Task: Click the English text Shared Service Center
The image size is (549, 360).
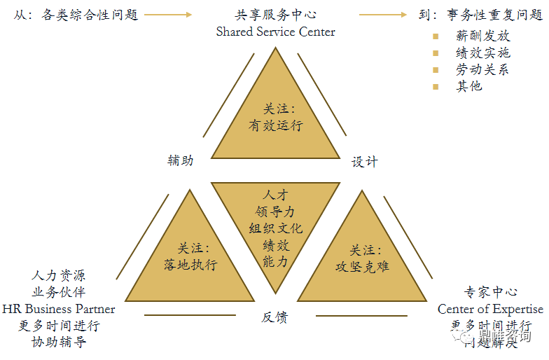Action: pos(275,32)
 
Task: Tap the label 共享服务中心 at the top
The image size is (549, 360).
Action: pos(275,14)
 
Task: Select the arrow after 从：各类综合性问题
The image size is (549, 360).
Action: pos(167,14)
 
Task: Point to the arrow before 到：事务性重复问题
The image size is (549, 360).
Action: pos(383,14)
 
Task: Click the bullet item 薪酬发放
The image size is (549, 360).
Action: pos(482,36)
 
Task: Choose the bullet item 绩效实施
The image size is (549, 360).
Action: pos(482,53)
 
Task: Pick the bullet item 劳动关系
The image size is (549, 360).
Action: pos(482,69)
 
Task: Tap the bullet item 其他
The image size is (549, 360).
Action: pos(469,86)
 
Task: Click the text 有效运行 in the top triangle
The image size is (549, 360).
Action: pos(275,126)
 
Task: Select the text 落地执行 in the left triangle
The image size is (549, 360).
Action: pos(190,265)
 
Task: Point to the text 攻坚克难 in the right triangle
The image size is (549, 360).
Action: pos(362,266)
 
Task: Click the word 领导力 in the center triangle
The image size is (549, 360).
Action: pos(275,211)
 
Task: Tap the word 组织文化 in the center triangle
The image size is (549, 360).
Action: pos(275,228)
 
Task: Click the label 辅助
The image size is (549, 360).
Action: pos(181,160)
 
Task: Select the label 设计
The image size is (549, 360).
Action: pos(364,162)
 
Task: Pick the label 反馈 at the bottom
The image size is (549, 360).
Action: pos(274,317)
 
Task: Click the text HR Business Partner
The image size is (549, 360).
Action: pos(59,309)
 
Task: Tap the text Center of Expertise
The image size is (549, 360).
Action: pos(490,309)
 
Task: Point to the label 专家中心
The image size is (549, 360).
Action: pos(490,292)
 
